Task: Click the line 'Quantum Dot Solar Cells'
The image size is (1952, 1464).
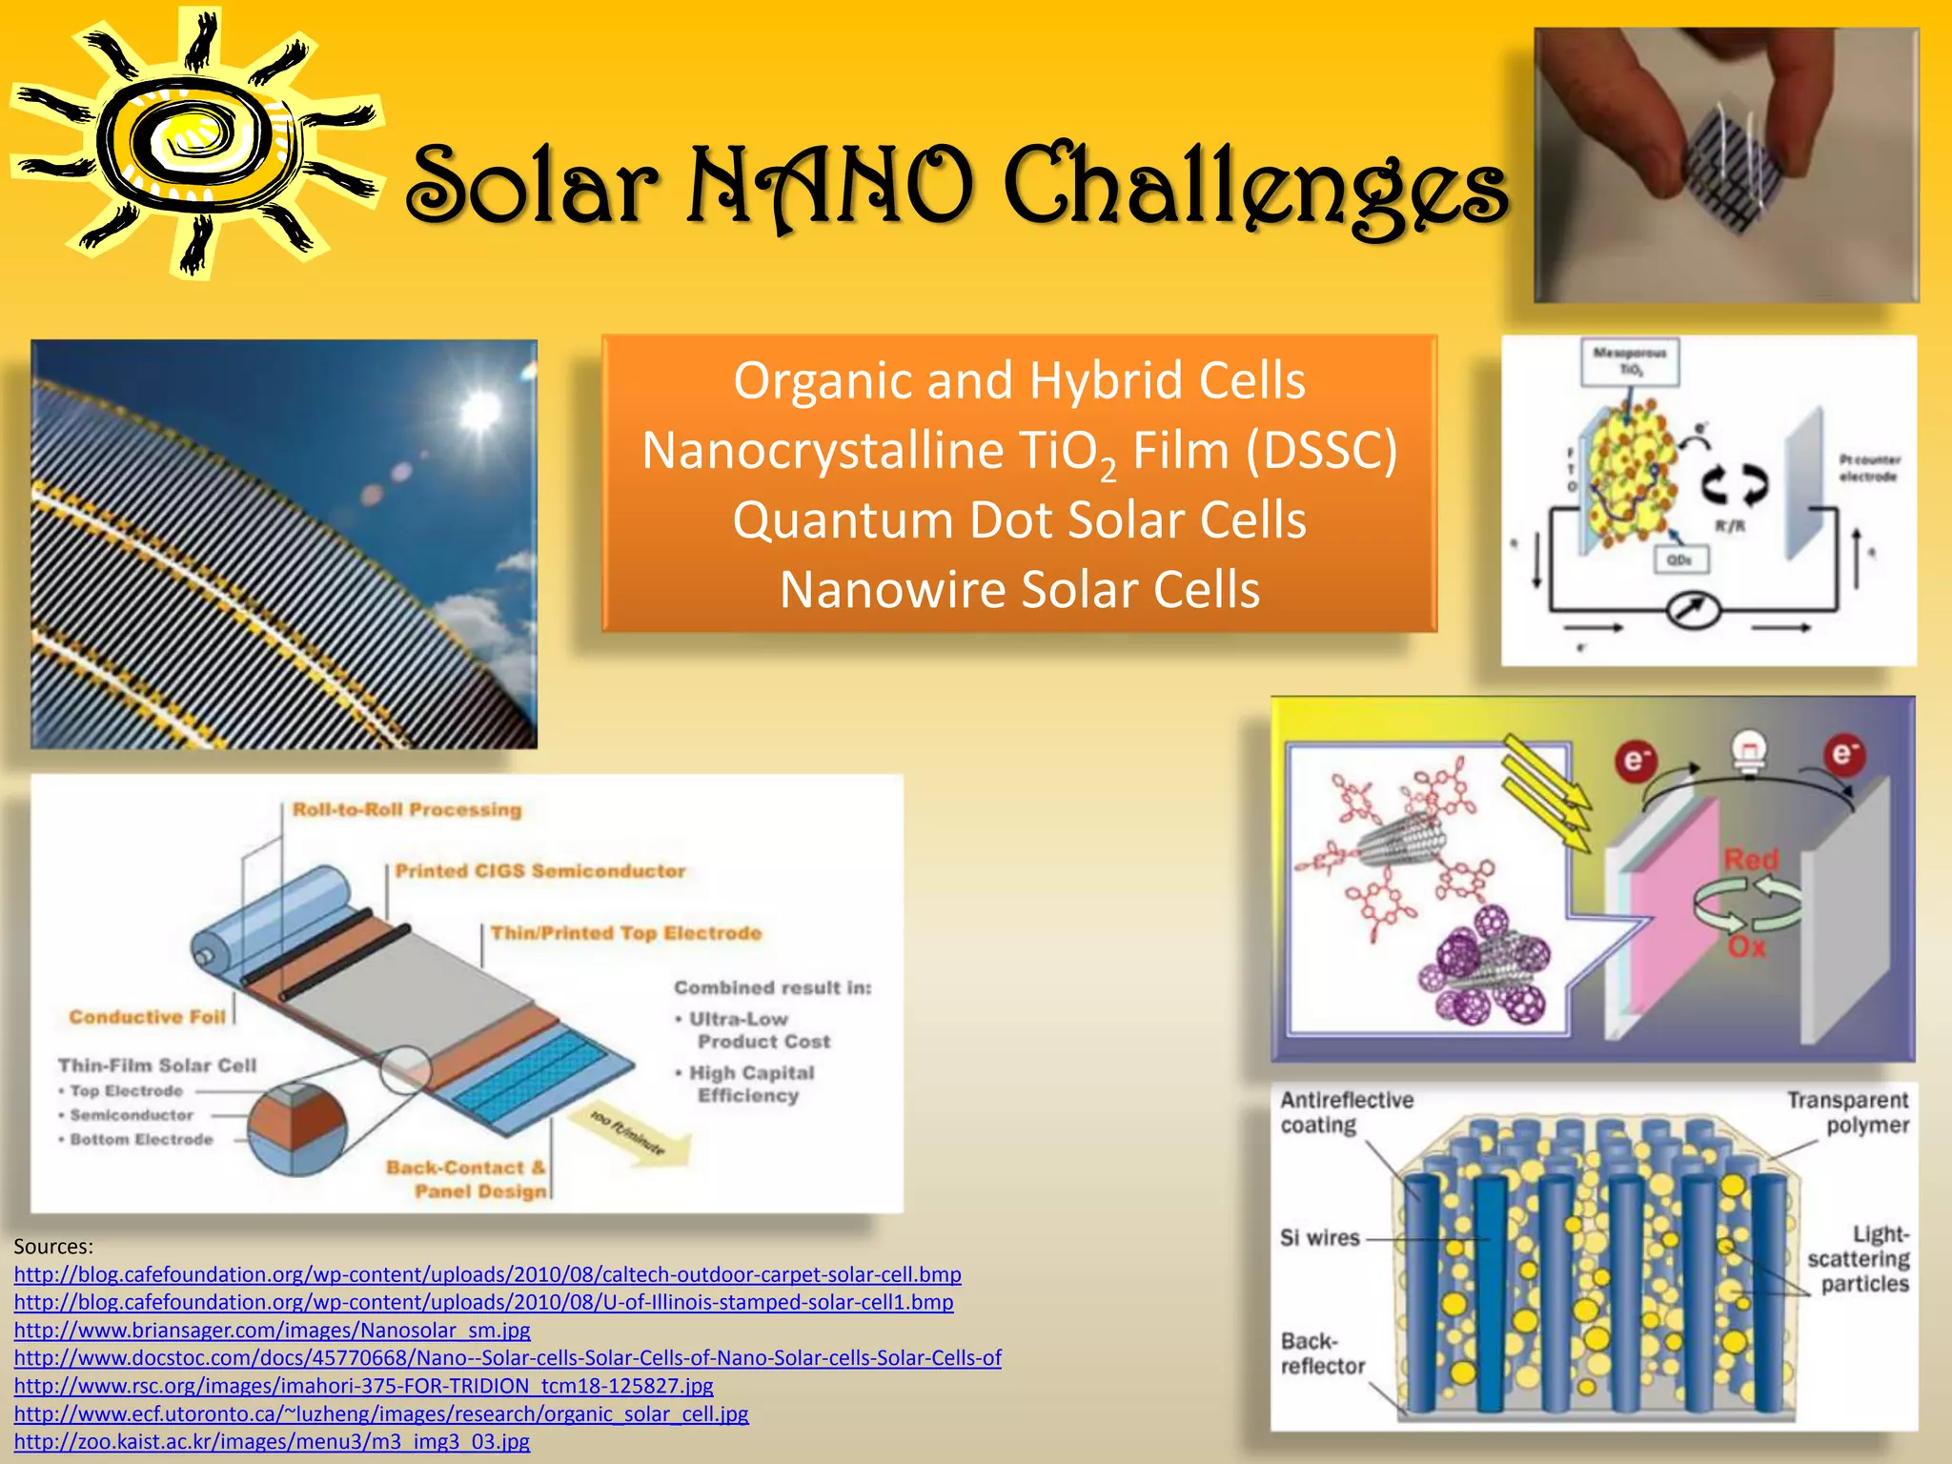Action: click(x=1019, y=520)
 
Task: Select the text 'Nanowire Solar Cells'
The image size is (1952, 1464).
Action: click(x=1019, y=590)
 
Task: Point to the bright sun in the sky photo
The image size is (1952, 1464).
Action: click(x=479, y=409)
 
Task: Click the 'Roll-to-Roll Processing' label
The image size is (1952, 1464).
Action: click(x=407, y=810)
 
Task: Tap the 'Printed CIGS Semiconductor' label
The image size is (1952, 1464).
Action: click(x=540, y=871)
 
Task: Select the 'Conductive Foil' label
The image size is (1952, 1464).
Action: click(x=147, y=1017)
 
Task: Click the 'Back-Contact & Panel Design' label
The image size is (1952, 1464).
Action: click(x=467, y=1179)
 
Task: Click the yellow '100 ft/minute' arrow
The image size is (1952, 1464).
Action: click(x=629, y=1134)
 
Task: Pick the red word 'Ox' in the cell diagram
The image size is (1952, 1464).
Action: click(x=1746, y=947)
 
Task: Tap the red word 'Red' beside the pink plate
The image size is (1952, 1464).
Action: click(x=1751, y=860)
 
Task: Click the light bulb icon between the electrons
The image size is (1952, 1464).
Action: click(x=1748, y=751)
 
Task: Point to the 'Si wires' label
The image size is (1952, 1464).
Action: click(x=1319, y=1238)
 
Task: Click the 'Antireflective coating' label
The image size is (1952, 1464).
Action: click(x=1346, y=1112)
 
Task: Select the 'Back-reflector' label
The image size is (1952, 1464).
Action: click(x=1322, y=1353)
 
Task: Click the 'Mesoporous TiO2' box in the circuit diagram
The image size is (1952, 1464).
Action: click(x=1630, y=361)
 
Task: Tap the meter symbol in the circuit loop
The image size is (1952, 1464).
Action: click(x=1693, y=610)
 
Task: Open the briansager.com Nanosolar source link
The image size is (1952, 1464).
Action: click(x=272, y=1330)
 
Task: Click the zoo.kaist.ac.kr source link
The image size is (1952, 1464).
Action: click(x=272, y=1441)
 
